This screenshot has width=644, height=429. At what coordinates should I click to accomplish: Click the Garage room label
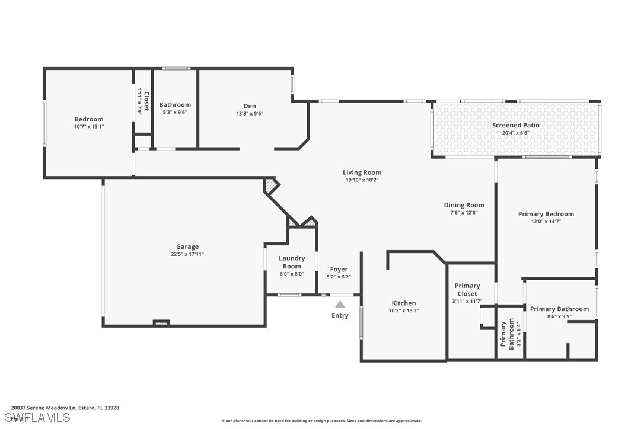[x=187, y=246]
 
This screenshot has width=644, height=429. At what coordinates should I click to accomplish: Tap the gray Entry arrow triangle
[x=340, y=304]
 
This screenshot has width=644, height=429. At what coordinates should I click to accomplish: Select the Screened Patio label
[x=516, y=125]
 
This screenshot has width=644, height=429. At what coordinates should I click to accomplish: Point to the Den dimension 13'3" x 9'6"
[x=250, y=114]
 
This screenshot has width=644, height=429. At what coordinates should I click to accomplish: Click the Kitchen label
[x=404, y=303]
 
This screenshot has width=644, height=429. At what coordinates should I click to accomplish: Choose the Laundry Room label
[x=292, y=262]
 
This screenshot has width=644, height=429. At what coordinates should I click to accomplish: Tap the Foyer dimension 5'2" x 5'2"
[x=339, y=277]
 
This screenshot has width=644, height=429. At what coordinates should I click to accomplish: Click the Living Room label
[x=362, y=172]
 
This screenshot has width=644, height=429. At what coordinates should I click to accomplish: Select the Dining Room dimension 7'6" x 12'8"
[x=464, y=213]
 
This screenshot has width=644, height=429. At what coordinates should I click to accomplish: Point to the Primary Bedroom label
[x=546, y=214]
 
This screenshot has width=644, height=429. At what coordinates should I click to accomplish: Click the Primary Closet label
[x=467, y=289]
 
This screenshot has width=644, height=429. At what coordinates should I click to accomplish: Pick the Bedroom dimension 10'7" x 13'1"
[x=89, y=127]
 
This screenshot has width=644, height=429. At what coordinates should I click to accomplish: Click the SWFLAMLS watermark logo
[x=37, y=418]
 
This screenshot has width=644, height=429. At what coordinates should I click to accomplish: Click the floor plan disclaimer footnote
[x=322, y=421]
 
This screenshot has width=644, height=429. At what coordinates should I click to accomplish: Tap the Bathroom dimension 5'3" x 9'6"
[x=175, y=112]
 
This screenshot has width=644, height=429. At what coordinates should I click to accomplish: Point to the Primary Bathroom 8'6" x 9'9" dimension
[x=559, y=316]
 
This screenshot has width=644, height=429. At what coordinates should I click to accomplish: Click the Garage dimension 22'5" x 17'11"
[x=187, y=254]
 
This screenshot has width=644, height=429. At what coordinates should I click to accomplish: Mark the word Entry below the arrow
[x=340, y=315]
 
